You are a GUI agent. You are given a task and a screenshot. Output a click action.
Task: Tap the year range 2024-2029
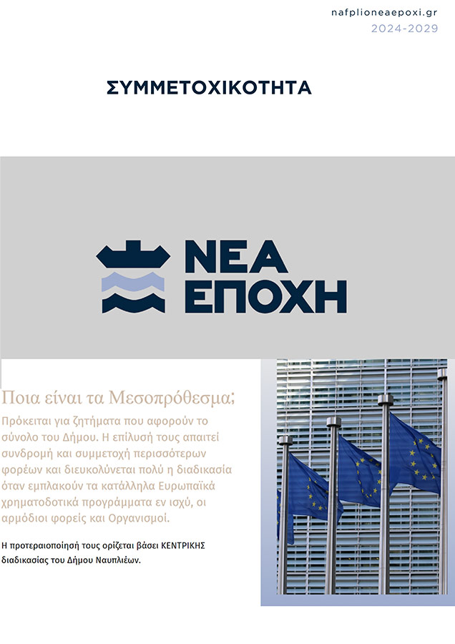(x=403, y=29)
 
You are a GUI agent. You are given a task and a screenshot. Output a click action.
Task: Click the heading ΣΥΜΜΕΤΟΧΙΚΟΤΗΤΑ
(x=209, y=88)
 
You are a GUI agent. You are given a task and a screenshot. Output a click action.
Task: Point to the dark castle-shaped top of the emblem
(x=133, y=258)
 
